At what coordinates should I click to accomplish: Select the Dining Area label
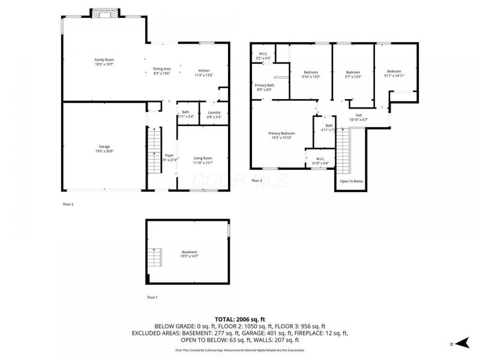161,70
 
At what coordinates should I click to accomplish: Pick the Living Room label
203,159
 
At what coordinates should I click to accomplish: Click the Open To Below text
351,181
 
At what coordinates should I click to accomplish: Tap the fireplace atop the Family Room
104,14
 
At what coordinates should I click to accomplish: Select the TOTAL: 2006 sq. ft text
240,319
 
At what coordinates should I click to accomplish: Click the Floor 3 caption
257,181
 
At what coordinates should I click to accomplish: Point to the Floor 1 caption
152,297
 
